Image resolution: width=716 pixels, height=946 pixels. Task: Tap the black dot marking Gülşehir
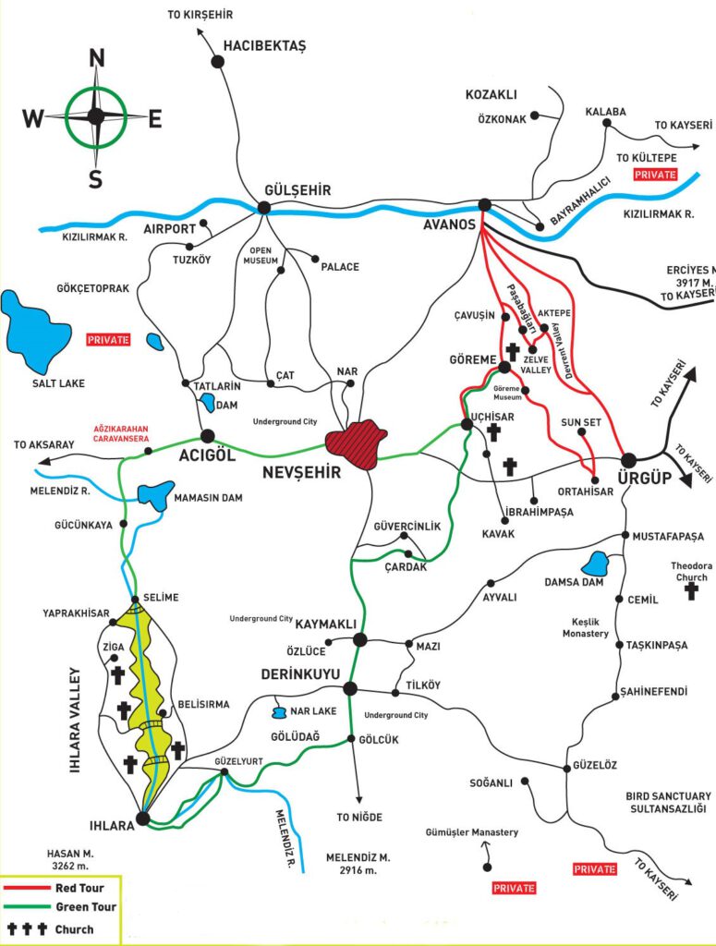pos(263,208)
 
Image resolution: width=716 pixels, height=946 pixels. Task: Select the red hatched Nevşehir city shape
pos(357,444)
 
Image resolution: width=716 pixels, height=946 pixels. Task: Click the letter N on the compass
pos(95,59)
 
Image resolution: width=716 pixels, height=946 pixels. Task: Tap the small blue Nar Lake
pos(278,712)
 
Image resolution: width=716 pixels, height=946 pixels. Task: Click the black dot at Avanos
pos(484,205)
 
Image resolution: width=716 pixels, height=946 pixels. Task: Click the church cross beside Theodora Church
pos(691,591)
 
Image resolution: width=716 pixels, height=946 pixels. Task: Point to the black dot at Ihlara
pos(142,818)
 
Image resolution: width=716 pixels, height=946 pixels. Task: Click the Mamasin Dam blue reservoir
pos(155,494)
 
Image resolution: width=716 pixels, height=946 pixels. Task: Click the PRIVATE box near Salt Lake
pos(108,339)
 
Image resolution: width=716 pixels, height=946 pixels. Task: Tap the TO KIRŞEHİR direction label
pos(200,15)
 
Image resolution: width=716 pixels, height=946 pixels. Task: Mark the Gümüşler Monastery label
pos(472,832)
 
